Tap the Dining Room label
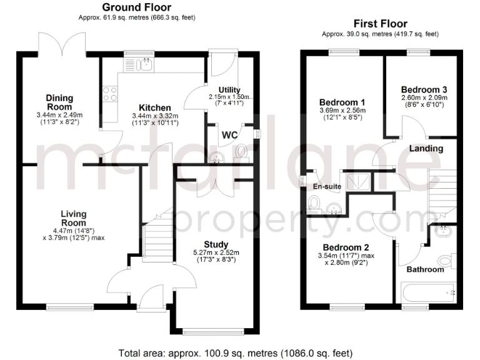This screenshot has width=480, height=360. (60, 102)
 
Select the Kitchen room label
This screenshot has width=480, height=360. (155, 107)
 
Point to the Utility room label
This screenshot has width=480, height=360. (229, 90)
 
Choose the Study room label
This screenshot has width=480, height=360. (216, 244)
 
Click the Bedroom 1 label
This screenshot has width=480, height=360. (342, 102)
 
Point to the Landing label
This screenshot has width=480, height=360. (427, 149)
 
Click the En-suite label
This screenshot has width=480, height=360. (326, 186)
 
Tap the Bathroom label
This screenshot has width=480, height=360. (425, 269)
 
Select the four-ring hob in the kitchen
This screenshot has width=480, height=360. (110, 94)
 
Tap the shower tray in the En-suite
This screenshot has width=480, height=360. (354, 180)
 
